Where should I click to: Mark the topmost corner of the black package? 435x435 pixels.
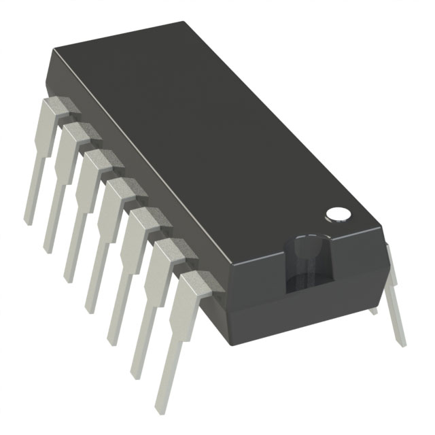(x=184, y=22)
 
